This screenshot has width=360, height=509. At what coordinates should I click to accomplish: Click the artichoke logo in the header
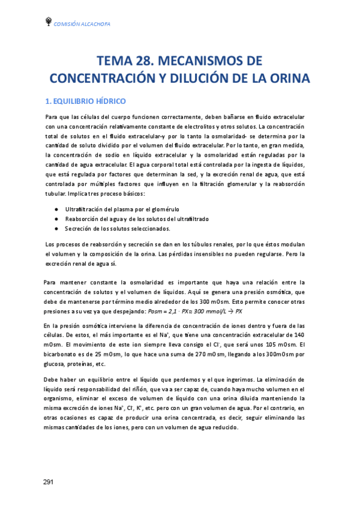(x=48, y=22)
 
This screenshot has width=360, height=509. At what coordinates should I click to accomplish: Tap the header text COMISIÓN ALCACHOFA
(x=82, y=23)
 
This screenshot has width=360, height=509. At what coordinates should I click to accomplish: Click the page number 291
(x=49, y=482)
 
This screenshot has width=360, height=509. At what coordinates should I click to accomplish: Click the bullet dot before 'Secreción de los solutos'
(x=56, y=229)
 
